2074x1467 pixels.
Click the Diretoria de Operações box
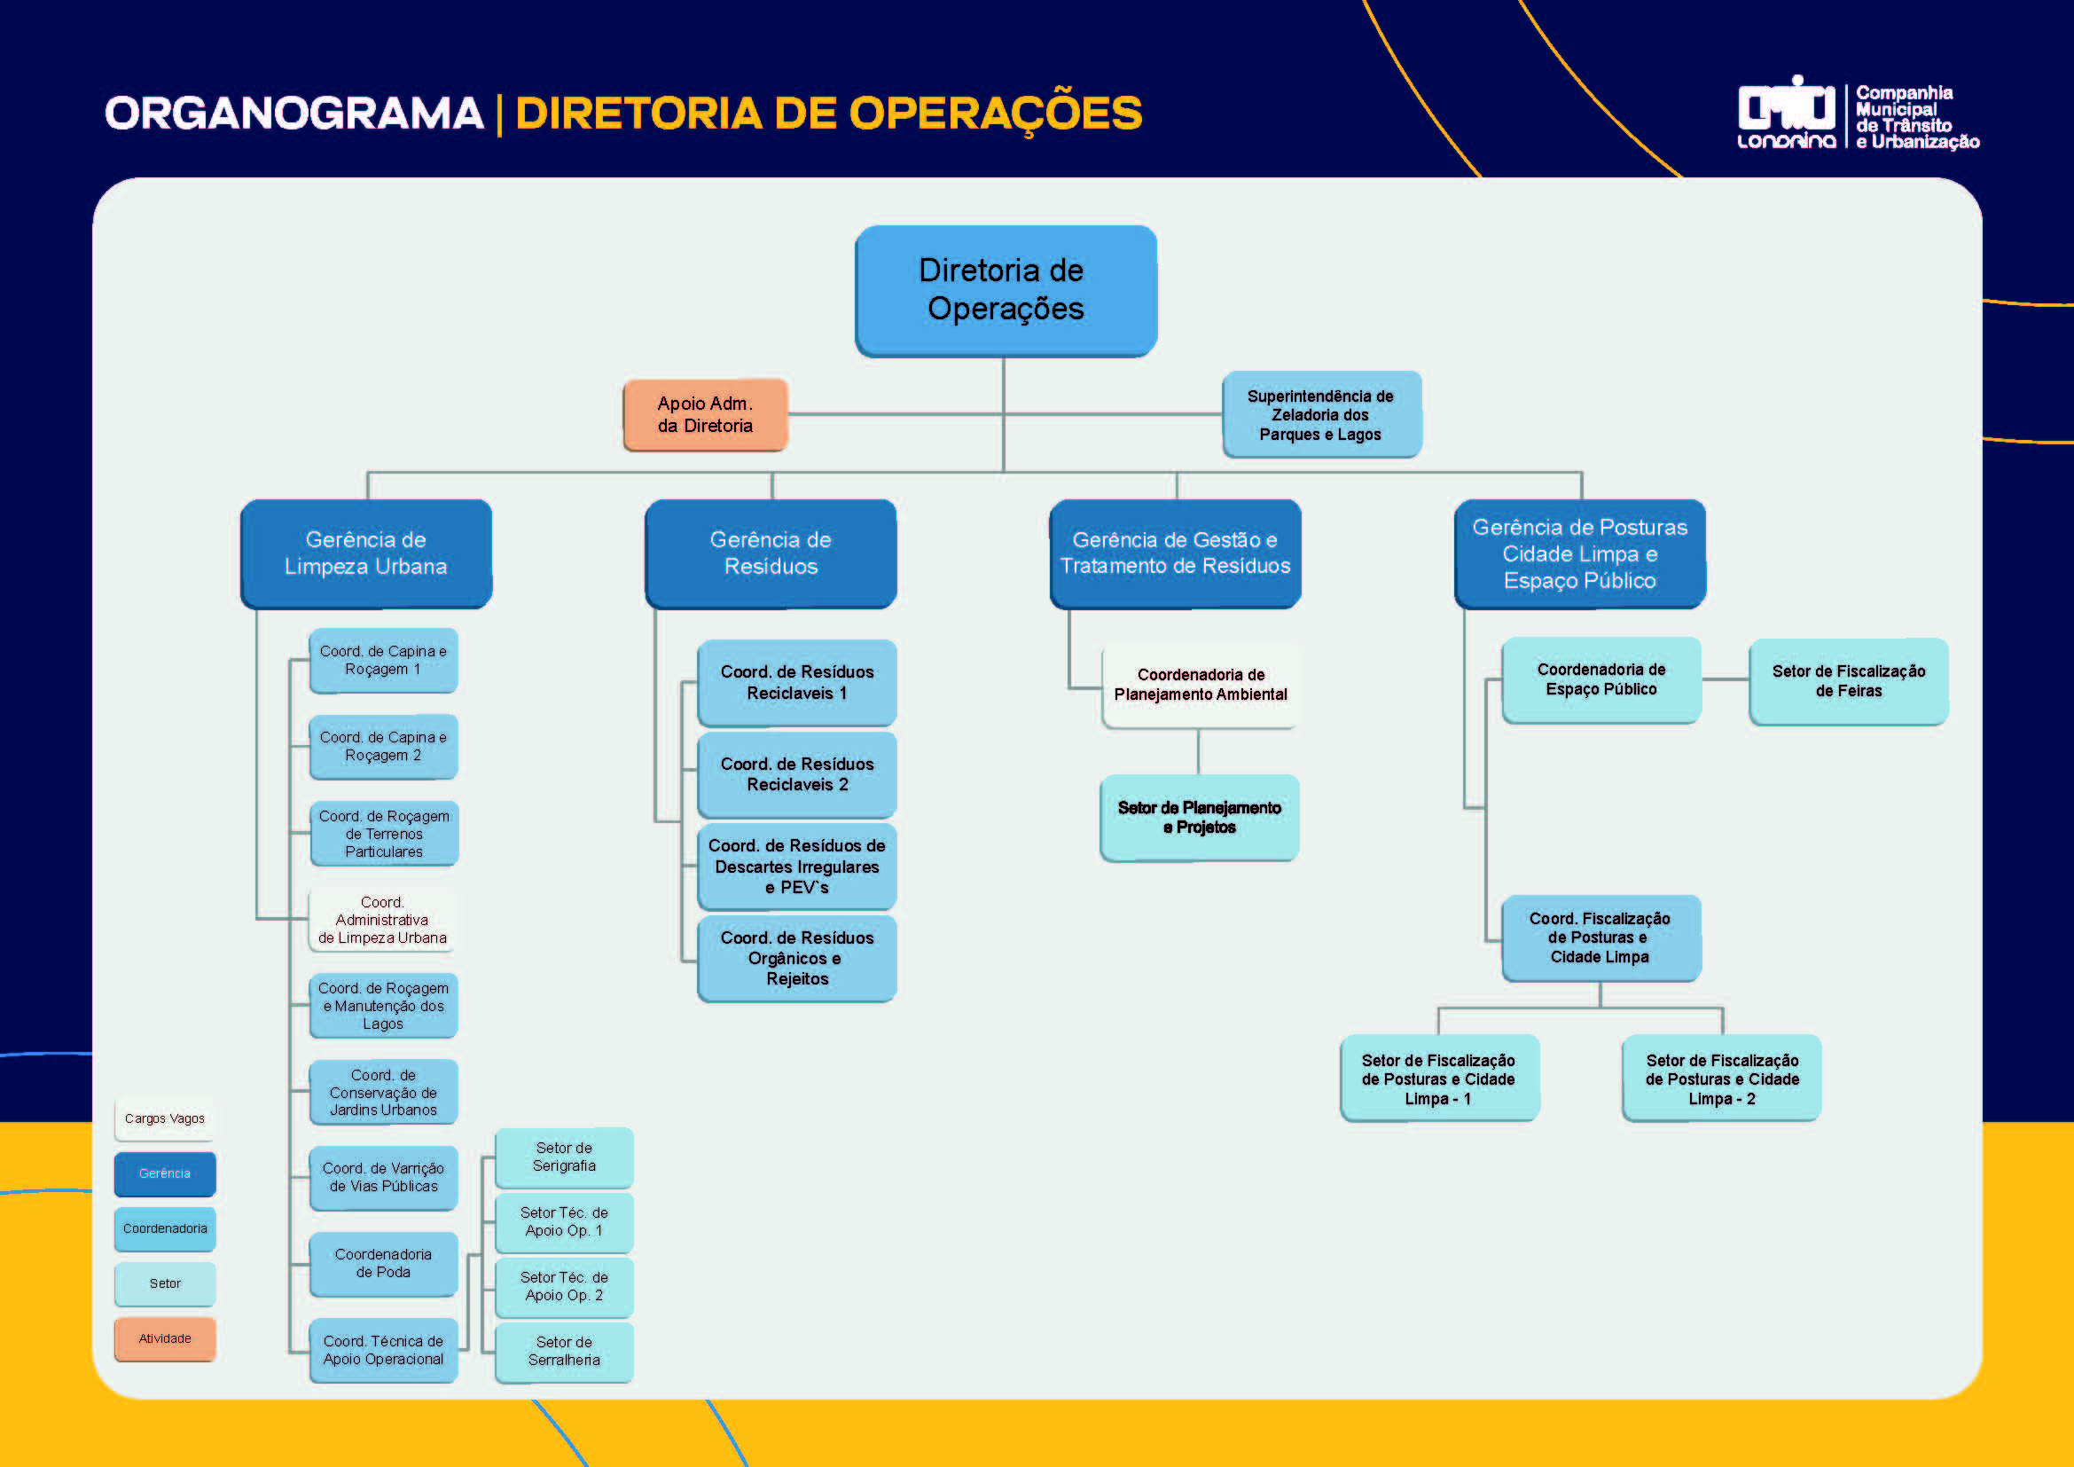point(1005,290)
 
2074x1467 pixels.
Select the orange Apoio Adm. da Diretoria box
point(705,414)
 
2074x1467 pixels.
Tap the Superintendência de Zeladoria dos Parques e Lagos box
point(1320,414)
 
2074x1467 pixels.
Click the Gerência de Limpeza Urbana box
point(366,553)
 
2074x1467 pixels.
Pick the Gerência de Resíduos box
point(771,553)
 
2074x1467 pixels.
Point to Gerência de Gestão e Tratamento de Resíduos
point(1174,553)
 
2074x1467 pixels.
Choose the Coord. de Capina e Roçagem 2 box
point(383,746)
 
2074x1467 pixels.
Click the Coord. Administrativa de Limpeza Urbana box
point(382,920)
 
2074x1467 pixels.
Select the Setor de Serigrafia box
point(564,1157)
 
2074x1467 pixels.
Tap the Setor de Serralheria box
point(564,1352)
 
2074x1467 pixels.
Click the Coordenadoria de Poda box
point(383,1263)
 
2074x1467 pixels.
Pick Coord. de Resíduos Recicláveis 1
point(797,682)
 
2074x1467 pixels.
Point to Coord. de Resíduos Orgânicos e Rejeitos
point(797,958)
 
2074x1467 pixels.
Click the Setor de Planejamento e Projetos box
point(1199,818)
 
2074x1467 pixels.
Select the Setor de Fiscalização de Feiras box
point(1848,681)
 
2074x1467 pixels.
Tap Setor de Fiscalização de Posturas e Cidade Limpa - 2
point(1722,1079)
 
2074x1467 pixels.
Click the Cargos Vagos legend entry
point(164,1118)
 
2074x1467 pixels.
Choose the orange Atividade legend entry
point(164,1338)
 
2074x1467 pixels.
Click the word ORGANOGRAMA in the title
point(294,114)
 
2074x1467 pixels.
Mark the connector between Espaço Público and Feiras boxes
point(1726,679)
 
